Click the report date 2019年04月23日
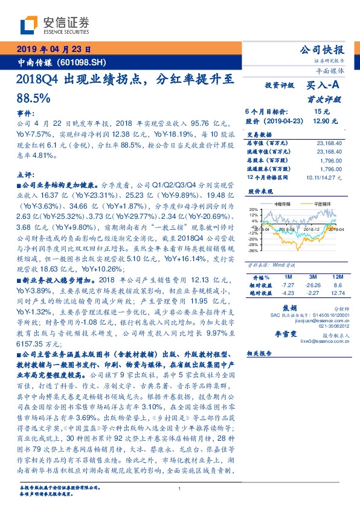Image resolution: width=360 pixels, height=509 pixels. [53, 50]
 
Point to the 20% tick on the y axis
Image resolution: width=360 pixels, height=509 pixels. [254, 209]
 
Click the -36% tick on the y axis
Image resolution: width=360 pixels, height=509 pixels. [254, 249]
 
